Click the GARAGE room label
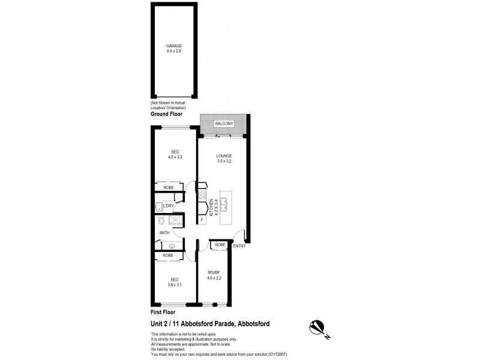point(174,46)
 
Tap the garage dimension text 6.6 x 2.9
point(174,52)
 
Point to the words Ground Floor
point(166,113)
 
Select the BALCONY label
point(224,124)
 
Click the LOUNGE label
point(224,155)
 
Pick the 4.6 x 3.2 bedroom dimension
point(175,157)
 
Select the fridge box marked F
point(202,220)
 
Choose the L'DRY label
point(169,206)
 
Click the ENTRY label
point(239,245)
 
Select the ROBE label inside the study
point(220,245)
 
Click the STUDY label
point(214,272)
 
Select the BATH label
point(164,233)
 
